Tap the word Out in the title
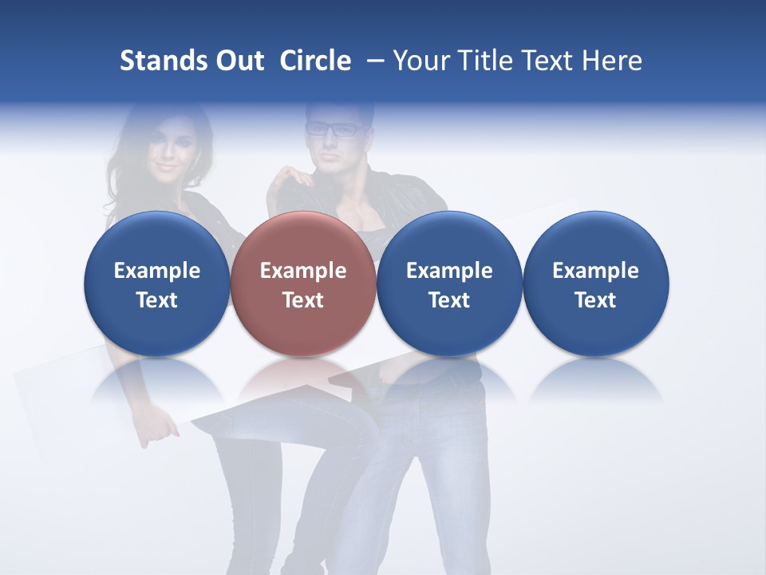click(x=239, y=61)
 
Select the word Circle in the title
click(x=315, y=61)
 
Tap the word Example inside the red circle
click(x=303, y=271)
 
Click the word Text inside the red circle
click(x=303, y=300)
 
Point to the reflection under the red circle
click(x=303, y=380)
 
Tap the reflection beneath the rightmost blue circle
click(x=596, y=380)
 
